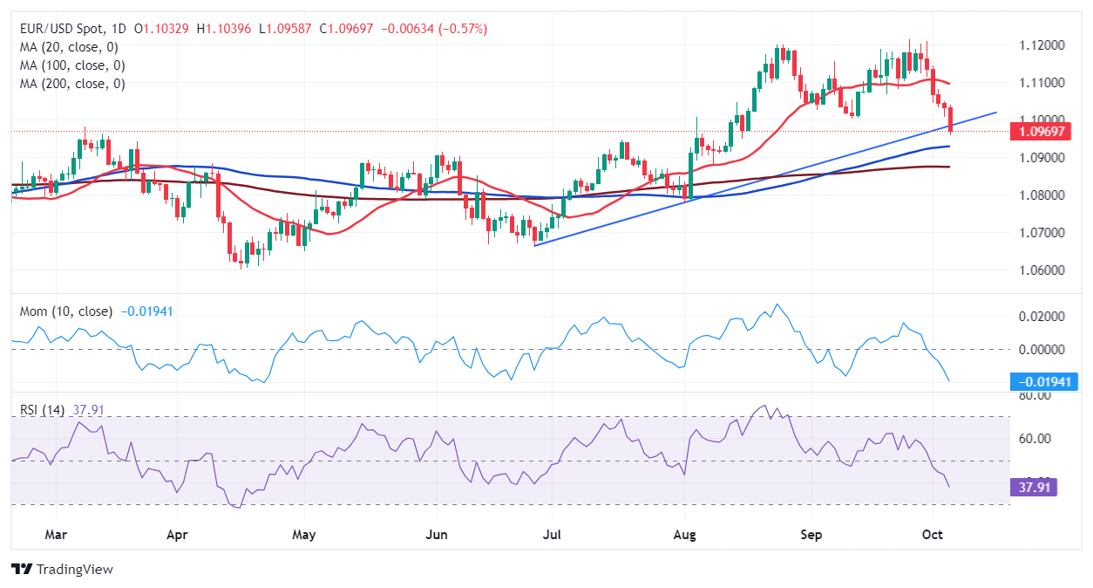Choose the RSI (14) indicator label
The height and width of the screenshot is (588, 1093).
point(40,408)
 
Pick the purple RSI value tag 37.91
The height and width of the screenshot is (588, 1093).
point(1033,487)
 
